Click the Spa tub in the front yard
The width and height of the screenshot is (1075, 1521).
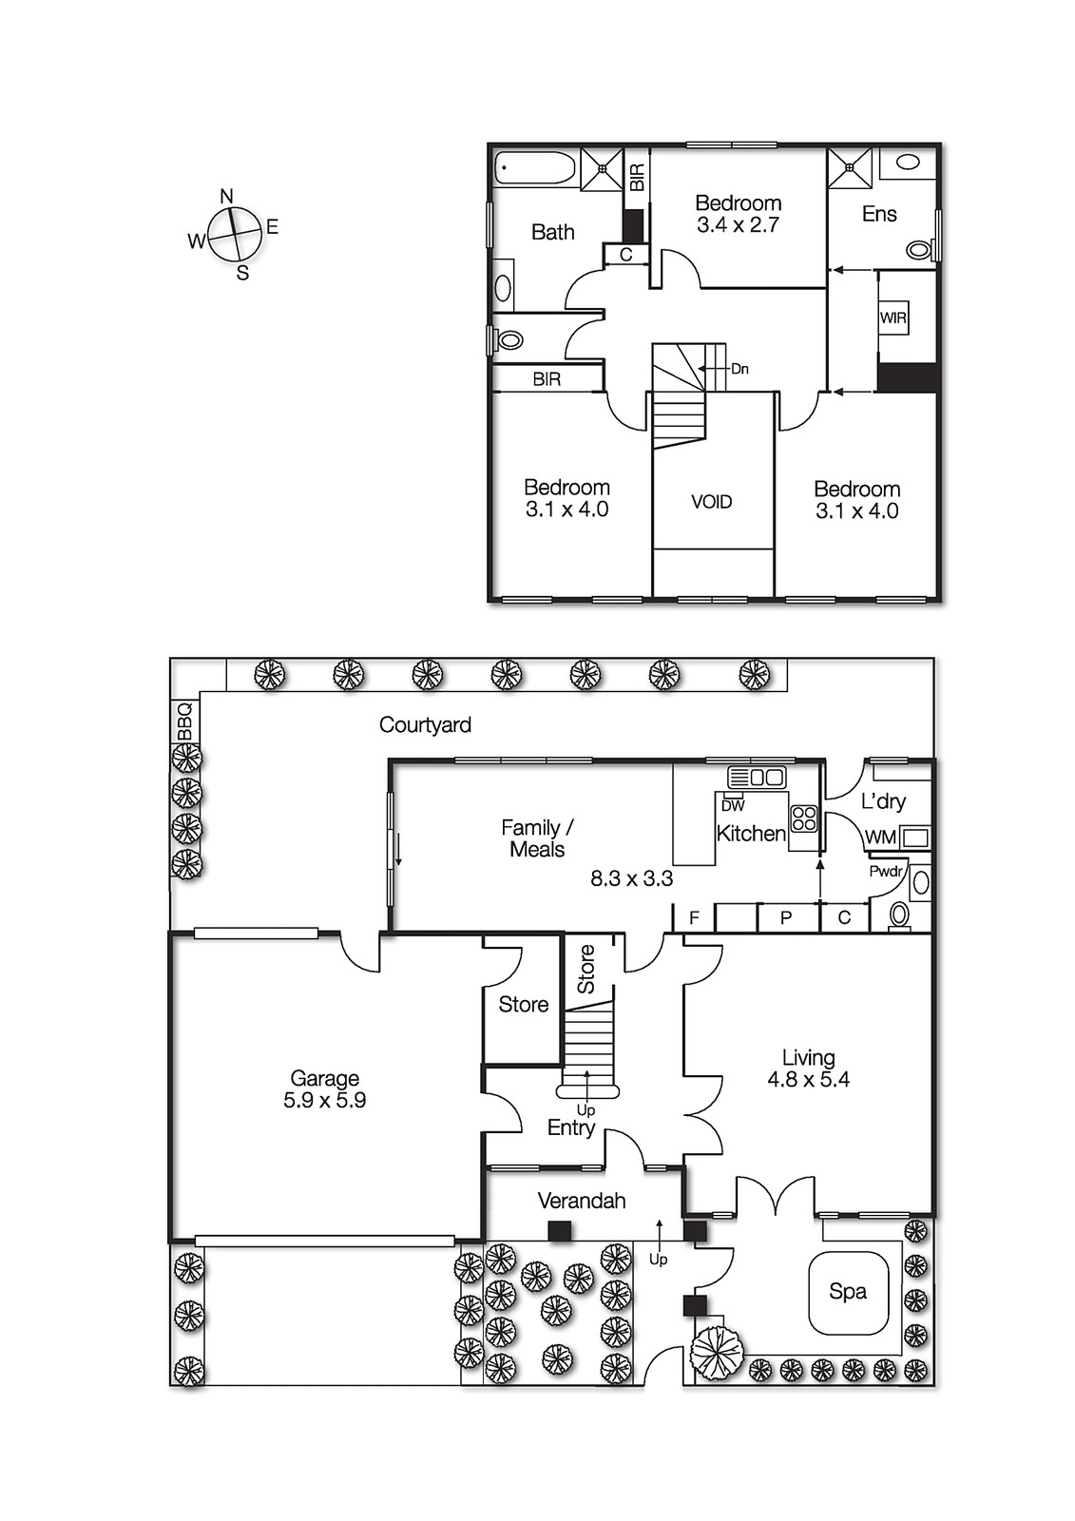pyautogui.click(x=848, y=1292)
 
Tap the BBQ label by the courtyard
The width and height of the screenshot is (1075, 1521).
pyautogui.click(x=184, y=722)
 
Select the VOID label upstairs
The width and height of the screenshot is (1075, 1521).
pyautogui.click(x=711, y=502)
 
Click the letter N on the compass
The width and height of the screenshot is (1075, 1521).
pyautogui.click(x=226, y=197)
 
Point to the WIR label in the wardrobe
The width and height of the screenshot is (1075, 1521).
pyautogui.click(x=893, y=318)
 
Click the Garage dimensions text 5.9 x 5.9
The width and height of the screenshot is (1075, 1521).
pyautogui.click(x=324, y=1101)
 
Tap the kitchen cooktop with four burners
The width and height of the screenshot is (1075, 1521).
pyautogui.click(x=804, y=818)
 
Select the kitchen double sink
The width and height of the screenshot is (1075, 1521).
pyautogui.click(x=758, y=777)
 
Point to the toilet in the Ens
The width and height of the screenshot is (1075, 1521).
pyautogui.click(x=918, y=250)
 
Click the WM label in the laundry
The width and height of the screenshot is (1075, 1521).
pyautogui.click(x=880, y=838)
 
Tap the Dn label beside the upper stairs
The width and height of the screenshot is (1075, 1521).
pyautogui.click(x=739, y=369)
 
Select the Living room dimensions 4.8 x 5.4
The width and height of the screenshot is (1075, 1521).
pyautogui.click(x=808, y=1080)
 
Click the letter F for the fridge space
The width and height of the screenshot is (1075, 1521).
pyautogui.click(x=694, y=918)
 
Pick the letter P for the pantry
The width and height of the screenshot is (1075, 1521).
pyautogui.click(x=786, y=918)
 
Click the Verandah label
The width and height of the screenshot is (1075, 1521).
pyautogui.click(x=582, y=1201)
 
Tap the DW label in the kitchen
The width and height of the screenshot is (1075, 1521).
pyautogui.click(x=733, y=805)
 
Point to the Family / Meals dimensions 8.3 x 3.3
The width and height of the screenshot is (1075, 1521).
pyautogui.click(x=631, y=879)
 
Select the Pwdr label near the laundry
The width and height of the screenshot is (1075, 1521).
pyautogui.click(x=885, y=871)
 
